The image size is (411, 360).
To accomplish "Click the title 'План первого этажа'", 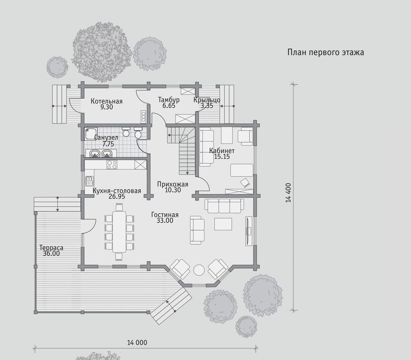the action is point(326,52).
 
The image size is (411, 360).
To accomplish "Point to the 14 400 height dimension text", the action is point(288,193).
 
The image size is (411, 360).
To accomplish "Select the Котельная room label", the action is point(107,101).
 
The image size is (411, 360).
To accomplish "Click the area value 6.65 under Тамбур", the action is point(169,106).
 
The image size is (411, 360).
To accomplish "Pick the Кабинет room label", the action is point(222,151).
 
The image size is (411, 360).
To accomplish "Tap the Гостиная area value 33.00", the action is point(165,220).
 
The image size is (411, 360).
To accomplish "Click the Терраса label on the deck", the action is point(51,248).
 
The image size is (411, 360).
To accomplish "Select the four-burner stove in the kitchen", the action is point(112,164).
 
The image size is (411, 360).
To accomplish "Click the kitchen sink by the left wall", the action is point(89,181).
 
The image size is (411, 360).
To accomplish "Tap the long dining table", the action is point(119,232).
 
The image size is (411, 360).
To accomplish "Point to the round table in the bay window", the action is point(199,270).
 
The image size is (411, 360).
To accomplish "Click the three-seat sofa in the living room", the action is point(224,206).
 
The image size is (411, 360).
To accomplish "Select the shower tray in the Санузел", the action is point(91,133).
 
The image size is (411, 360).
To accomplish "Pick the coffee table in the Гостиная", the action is point(223,224).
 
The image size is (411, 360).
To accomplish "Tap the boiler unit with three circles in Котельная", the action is point(143,117).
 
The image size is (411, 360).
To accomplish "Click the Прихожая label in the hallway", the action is point(173,184).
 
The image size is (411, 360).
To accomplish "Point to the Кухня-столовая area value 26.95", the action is point(117,196).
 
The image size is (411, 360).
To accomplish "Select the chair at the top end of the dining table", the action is point(119,207).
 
